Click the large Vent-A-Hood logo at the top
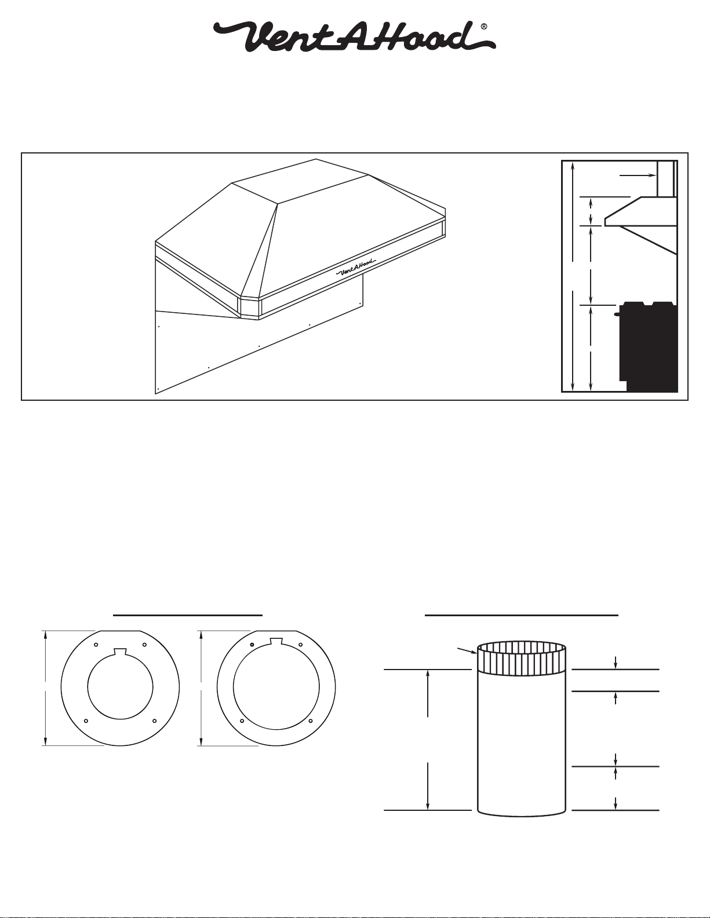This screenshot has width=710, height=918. click(x=354, y=37)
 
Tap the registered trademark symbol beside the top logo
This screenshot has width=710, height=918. click(x=485, y=26)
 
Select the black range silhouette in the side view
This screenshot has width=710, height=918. click(x=648, y=346)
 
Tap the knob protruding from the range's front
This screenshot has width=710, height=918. click(x=617, y=314)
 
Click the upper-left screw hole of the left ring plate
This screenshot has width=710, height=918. click(x=96, y=645)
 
